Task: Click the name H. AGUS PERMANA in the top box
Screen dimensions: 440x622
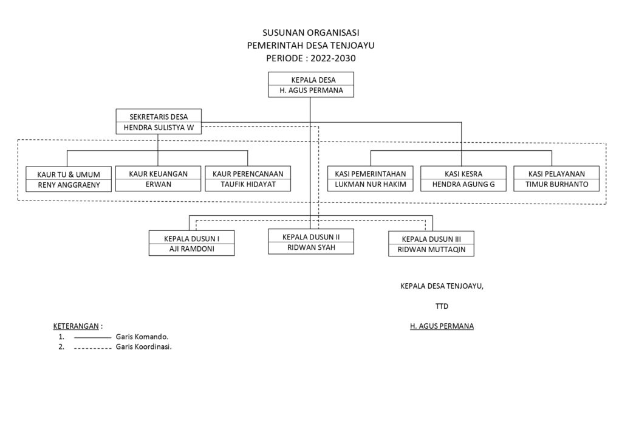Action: click(311, 91)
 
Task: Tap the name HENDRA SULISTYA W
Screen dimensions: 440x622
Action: click(158, 128)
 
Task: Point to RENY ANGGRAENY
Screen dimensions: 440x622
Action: click(69, 185)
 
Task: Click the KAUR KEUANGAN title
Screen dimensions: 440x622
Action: click(158, 174)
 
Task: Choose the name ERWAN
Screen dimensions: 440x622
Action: click(158, 185)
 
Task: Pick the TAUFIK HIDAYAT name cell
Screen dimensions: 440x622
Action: click(248, 185)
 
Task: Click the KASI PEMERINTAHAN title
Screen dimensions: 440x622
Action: click(371, 174)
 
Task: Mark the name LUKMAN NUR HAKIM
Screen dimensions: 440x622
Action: click(371, 185)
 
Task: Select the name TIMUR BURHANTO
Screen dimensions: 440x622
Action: click(556, 185)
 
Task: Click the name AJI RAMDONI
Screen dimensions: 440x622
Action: click(192, 249)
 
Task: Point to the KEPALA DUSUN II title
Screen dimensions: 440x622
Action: click(311, 236)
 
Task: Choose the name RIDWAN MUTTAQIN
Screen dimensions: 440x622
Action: click(431, 249)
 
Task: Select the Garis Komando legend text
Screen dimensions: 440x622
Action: click(142, 336)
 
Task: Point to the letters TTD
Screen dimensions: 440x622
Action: click(442, 306)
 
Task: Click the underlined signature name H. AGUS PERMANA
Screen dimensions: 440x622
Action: click(442, 326)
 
